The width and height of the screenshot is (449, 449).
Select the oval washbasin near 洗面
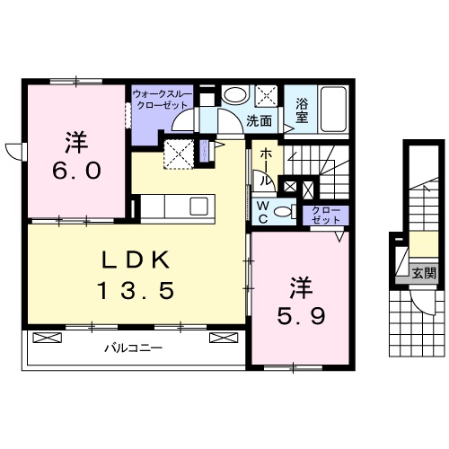coord(235,94)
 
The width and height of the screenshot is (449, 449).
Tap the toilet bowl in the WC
coord(284,212)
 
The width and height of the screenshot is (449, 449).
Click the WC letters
coord(264,212)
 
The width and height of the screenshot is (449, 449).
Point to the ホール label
coord(267,165)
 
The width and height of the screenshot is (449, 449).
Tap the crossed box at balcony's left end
coord(47,339)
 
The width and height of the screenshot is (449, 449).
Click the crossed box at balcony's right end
coord(222,339)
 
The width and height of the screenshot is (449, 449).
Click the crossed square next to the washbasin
coord(267,94)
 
